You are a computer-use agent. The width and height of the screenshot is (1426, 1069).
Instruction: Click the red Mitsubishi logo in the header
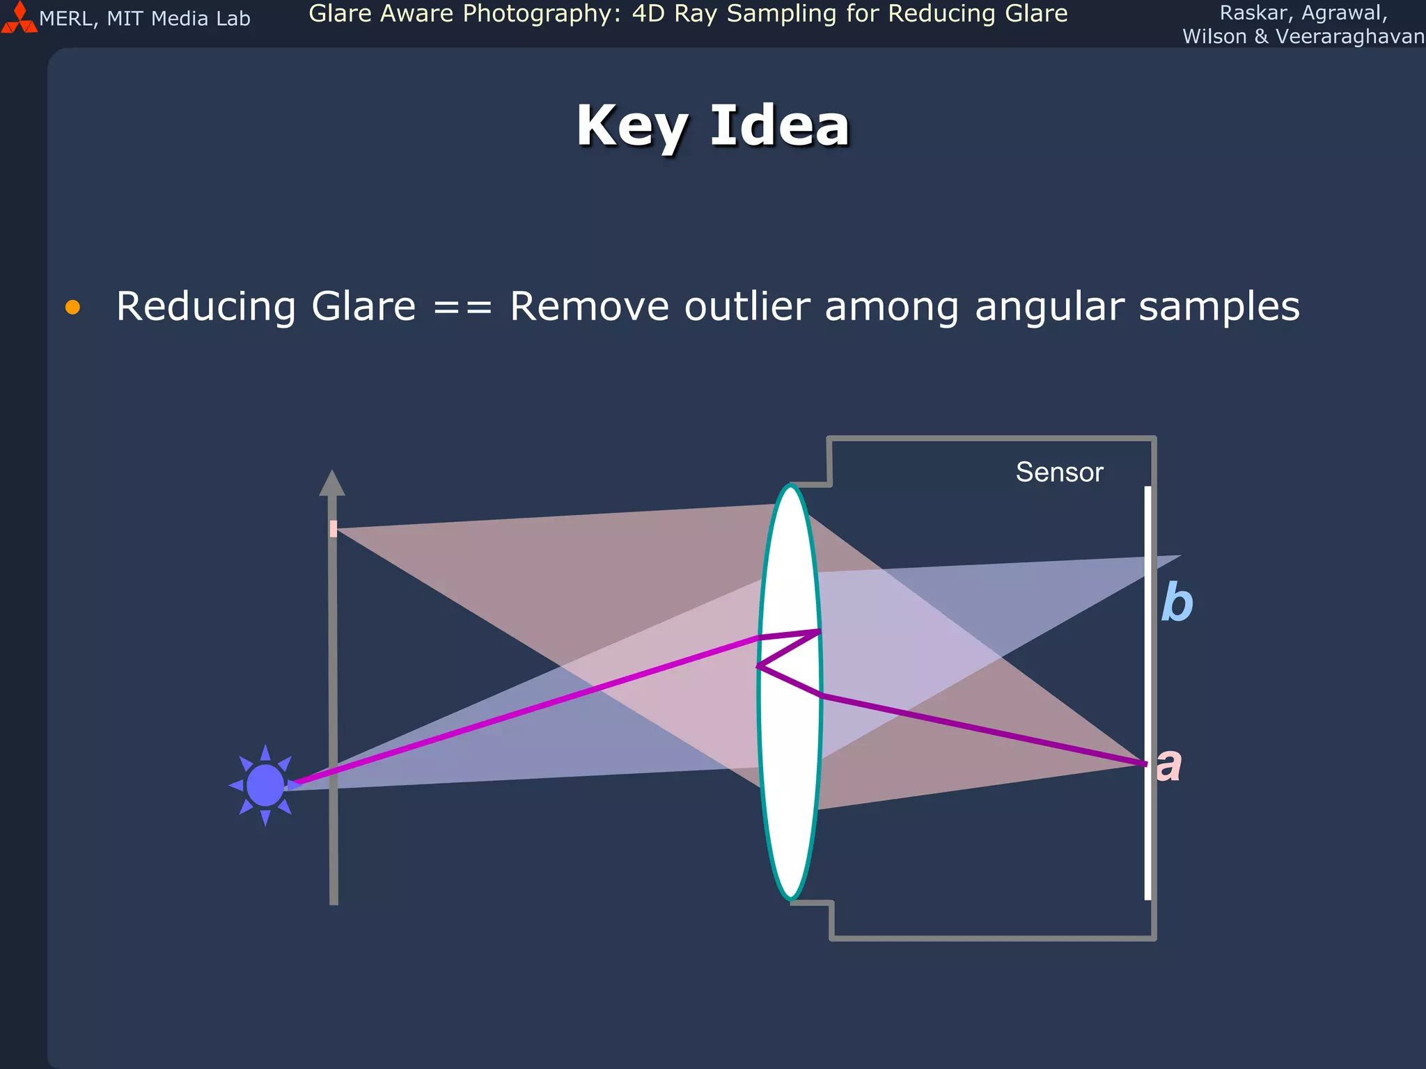tap(19, 19)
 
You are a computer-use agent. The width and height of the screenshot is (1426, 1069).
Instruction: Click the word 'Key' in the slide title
tap(631, 127)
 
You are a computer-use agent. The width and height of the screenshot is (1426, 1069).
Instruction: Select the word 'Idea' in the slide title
tap(780, 127)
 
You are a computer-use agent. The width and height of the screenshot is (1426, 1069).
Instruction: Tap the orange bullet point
tap(72, 307)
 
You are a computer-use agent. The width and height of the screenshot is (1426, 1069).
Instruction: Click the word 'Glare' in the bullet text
tap(363, 306)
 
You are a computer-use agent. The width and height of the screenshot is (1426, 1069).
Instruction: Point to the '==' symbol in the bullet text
tap(462, 307)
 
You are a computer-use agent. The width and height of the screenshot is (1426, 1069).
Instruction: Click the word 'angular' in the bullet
tap(1043, 308)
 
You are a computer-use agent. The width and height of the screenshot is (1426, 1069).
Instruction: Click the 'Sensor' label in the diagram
tap(1059, 473)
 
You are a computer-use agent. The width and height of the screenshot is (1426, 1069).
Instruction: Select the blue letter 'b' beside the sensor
tap(1177, 602)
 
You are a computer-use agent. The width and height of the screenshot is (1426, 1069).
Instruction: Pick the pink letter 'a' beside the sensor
tap(1169, 764)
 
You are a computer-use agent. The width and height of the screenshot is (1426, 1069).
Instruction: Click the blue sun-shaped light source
tap(265, 785)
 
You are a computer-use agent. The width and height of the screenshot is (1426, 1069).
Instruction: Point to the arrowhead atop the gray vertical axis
tap(332, 483)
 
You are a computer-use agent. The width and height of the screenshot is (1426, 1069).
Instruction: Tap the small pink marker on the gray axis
tap(334, 529)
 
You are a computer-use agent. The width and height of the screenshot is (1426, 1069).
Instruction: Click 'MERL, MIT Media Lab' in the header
tap(144, 19)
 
